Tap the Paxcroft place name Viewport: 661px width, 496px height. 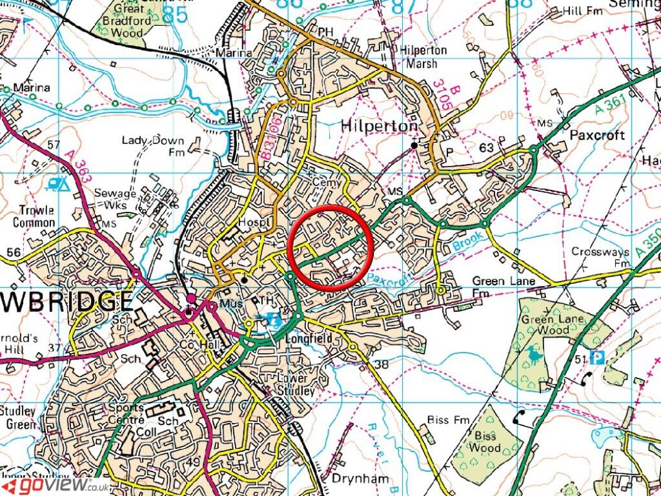point(598,136)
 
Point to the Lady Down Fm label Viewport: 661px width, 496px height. point(153,147)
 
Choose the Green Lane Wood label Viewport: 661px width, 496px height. point(545,325)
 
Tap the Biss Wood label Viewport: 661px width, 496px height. point(484,441)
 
